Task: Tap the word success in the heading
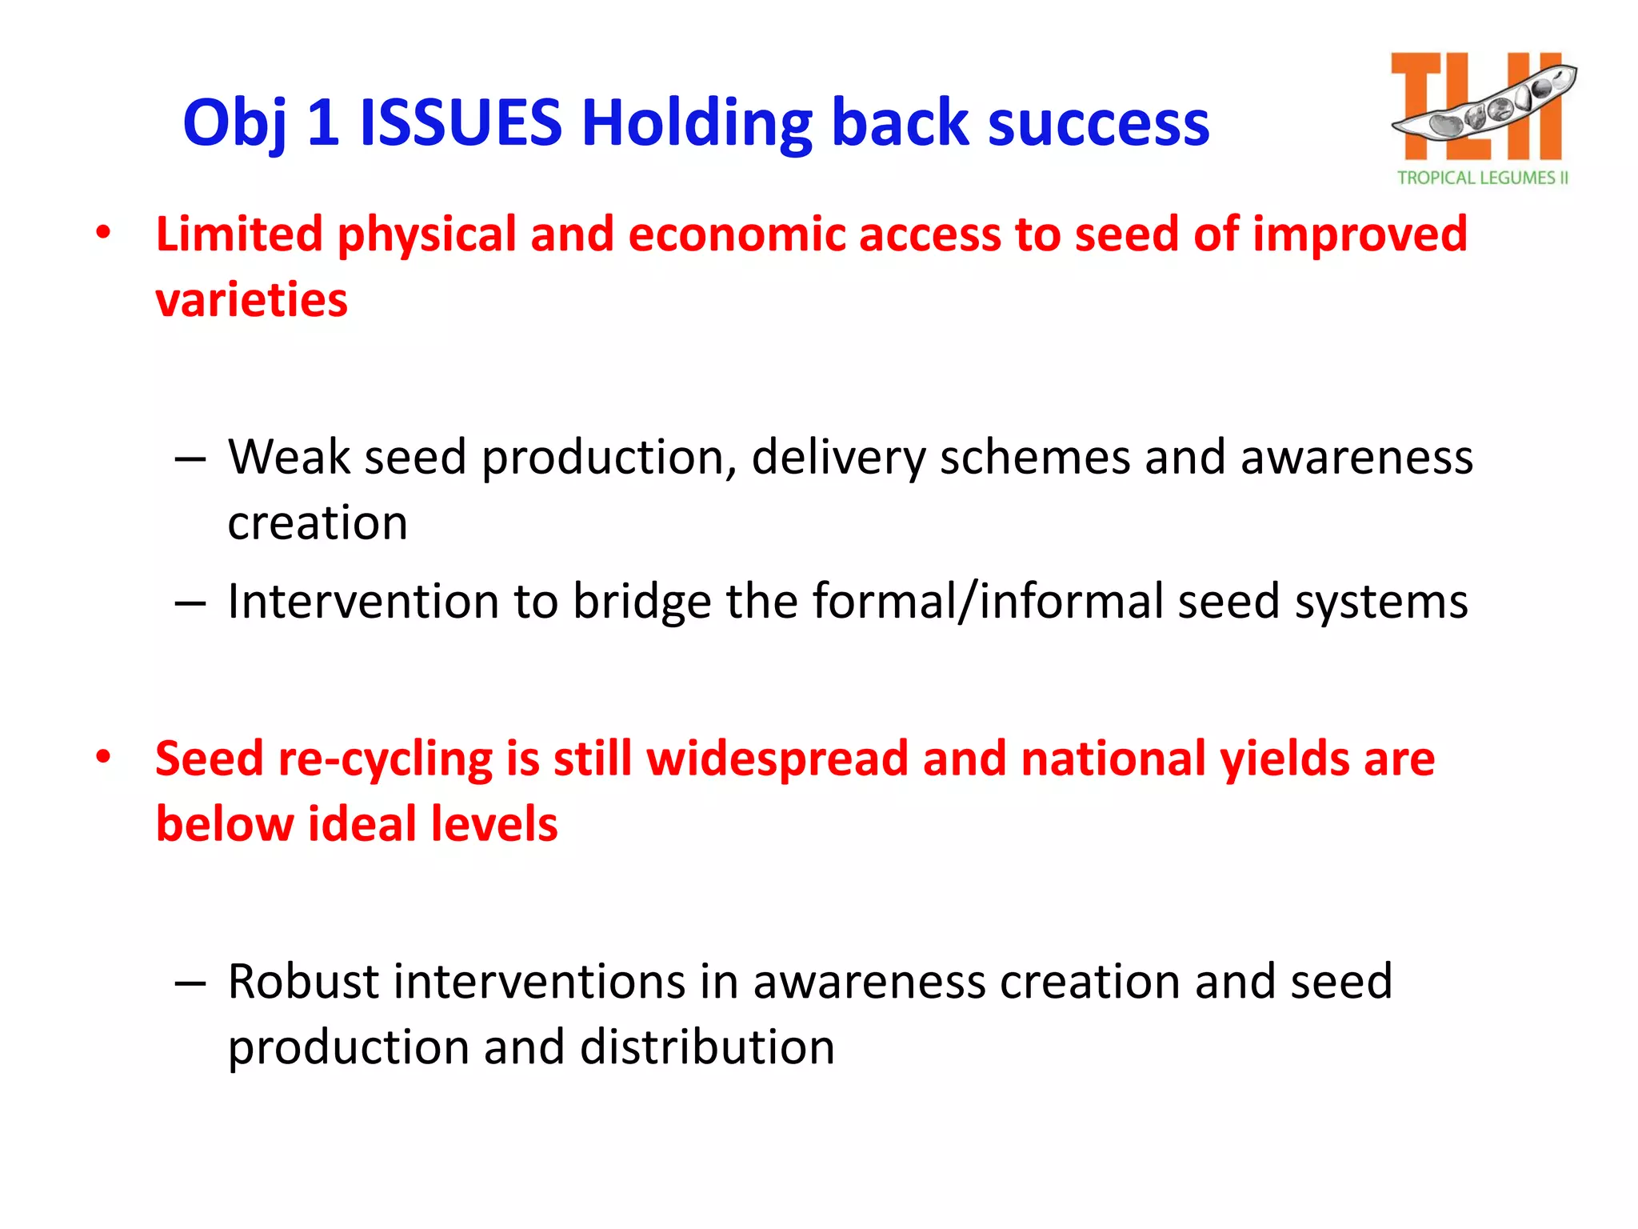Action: (1098, 123)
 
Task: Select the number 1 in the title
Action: (322, 123)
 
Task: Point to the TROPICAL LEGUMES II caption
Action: (1482, 178)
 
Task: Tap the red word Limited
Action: (239, 234)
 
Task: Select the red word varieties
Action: (251, 300)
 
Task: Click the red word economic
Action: (737, 234)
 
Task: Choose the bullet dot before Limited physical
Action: (103, 234)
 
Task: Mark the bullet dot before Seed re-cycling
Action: (103, 757)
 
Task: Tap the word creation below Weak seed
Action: (318, 523)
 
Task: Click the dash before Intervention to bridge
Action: (190, 602)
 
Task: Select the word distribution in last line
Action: (707, 1047)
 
